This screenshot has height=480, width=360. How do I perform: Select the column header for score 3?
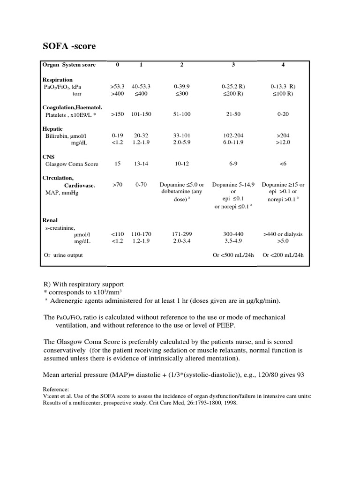click(233, 65)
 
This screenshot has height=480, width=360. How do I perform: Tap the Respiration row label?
click(58, 80)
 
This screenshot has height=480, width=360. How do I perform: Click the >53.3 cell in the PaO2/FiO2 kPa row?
click(117, 87)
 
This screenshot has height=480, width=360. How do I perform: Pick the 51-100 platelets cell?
click(182, 114)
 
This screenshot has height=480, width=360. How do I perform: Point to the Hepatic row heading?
click(52, 129)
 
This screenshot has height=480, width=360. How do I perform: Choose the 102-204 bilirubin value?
click(233, 135)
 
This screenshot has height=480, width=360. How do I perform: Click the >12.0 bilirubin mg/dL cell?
click(283, 142)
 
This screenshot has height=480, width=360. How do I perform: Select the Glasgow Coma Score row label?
click(72, 164)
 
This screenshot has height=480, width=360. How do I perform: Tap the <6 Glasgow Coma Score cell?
click(283, 164)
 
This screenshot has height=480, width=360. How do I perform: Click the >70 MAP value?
click(117, 185)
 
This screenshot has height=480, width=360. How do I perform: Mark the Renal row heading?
click(50, 219)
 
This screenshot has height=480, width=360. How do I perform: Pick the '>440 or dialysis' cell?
click(283, 234)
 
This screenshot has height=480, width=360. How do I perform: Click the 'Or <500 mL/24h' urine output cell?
click(233, 255)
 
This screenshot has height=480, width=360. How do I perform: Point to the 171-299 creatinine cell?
click(182, 234)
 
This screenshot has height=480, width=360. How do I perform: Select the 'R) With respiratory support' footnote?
click(84, 284)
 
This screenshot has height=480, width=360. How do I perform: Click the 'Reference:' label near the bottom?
click(56, 389)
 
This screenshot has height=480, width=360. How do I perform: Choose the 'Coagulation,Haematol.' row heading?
click(72, 107)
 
